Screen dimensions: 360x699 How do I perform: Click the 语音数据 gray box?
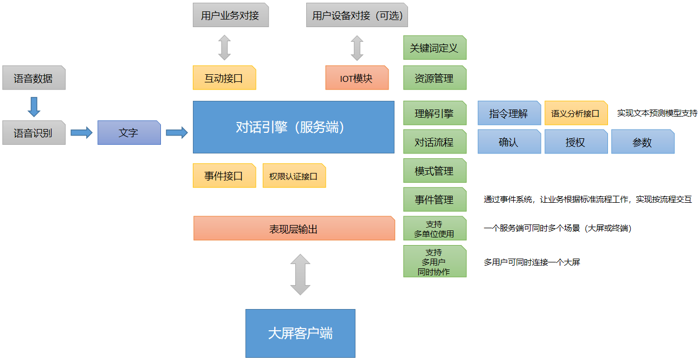[x=34, y=78]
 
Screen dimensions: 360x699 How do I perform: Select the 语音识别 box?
[x=34, y=133]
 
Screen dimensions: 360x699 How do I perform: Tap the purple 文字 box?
[x=129, y=133]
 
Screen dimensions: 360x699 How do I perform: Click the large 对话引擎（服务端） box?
[x=293, y=127]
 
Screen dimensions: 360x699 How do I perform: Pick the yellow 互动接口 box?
[x=224, y=78]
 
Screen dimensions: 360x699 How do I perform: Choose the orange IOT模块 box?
[x=357, y=78]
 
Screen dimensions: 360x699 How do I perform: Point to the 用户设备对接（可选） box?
[x=357, y=15]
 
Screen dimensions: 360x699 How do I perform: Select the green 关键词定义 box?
[x=435, y=48]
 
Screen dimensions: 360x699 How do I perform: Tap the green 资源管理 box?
[x=435, y=78]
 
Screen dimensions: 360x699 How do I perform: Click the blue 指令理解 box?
[x=509, y=113]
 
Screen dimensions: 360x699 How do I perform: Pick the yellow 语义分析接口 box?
[x=575, y=113]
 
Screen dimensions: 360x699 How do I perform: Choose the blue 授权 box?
[x=575, y=142]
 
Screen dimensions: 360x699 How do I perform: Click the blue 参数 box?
[x=643, y=142]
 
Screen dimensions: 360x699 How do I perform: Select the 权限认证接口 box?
[x=294, y=176]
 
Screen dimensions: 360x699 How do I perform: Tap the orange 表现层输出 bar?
[x=294, y=228]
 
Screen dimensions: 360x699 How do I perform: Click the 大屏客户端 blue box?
[x=300, y=333]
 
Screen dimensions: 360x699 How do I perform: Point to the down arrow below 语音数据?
[x=34, y=106]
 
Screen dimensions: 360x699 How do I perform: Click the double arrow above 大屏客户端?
[x=300, y=275]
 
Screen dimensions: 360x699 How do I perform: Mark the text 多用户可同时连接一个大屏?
[x=532, y=262]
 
